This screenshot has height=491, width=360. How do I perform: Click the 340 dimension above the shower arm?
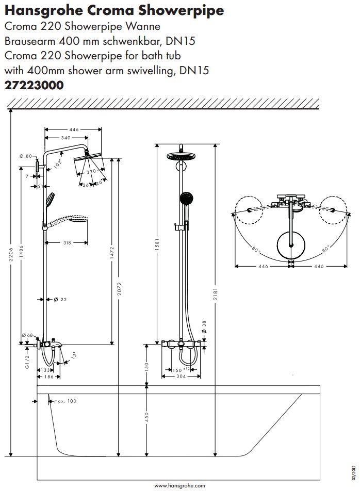(66, 138)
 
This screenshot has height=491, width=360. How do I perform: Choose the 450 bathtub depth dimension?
(146, 417)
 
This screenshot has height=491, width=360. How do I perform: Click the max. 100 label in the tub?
(65, 401)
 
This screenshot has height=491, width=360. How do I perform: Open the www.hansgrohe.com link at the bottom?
(179, 485)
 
